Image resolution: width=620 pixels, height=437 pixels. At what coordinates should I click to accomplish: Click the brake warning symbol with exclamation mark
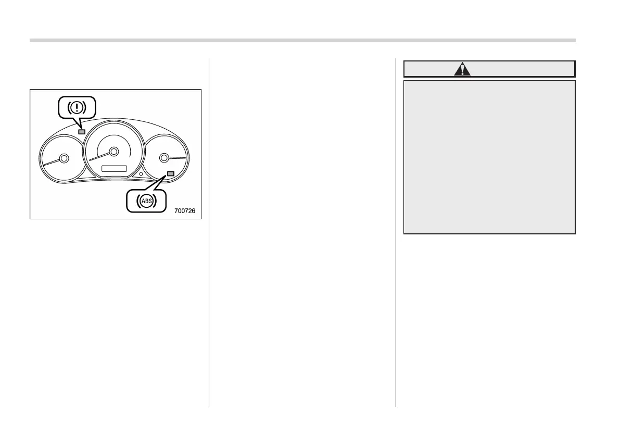78,107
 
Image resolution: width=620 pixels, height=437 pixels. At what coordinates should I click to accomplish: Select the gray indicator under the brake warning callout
81,132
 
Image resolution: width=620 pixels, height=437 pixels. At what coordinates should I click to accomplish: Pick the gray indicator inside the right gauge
170,173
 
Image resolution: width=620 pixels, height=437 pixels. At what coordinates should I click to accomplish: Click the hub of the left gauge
64,158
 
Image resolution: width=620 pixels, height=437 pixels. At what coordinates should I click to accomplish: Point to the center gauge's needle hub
113,152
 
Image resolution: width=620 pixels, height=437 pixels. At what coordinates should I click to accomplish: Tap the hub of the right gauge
164,157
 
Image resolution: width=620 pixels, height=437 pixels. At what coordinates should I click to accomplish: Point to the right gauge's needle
177,157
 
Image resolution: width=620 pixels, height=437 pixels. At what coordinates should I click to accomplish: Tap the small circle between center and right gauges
140,173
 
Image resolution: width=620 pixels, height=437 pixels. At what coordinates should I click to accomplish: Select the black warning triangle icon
462,69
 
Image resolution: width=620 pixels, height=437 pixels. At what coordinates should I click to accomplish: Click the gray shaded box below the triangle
489,156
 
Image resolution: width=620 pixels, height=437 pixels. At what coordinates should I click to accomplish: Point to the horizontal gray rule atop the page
302,40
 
